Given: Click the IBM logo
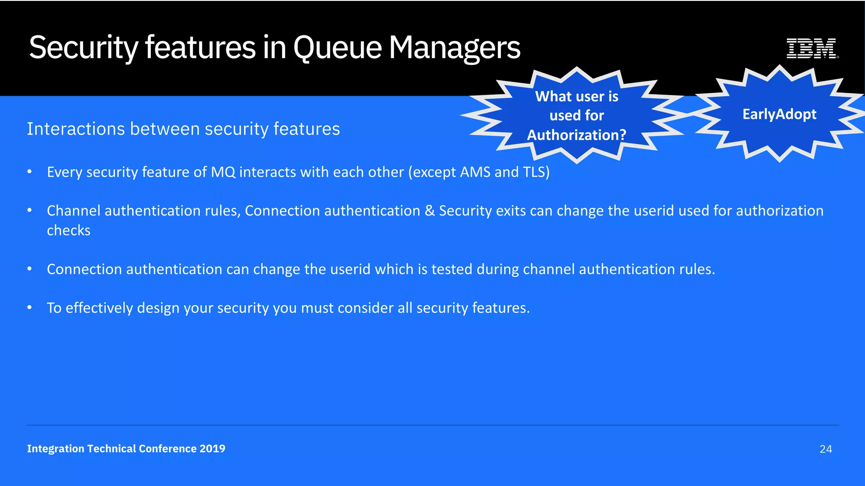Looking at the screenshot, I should pyautogui.click(x=812, y=48).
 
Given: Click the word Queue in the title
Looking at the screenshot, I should pyautogui.click(x=337, y=48).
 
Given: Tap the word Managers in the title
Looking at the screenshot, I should pyautogui.click(x=454, y=48).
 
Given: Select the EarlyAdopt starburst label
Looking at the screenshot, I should pyautogui.click(x=779, y=114).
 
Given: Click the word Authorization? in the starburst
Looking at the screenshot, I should pyautogui.click(x=577, y=135).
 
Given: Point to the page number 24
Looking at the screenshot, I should pyautogui.click(x=826, y=449).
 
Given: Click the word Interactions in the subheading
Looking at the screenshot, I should pyautogui.click(x=76, y=129).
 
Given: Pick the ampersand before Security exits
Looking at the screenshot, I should pyautogui.click(x=430, y=211).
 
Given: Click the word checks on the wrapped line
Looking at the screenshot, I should pyautogui.click(x=68, y=230).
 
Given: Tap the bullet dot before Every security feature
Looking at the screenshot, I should pyautogui.click(x=30, y=172).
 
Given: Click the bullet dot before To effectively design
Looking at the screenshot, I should pyautogui.click(x=30, y=308).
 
